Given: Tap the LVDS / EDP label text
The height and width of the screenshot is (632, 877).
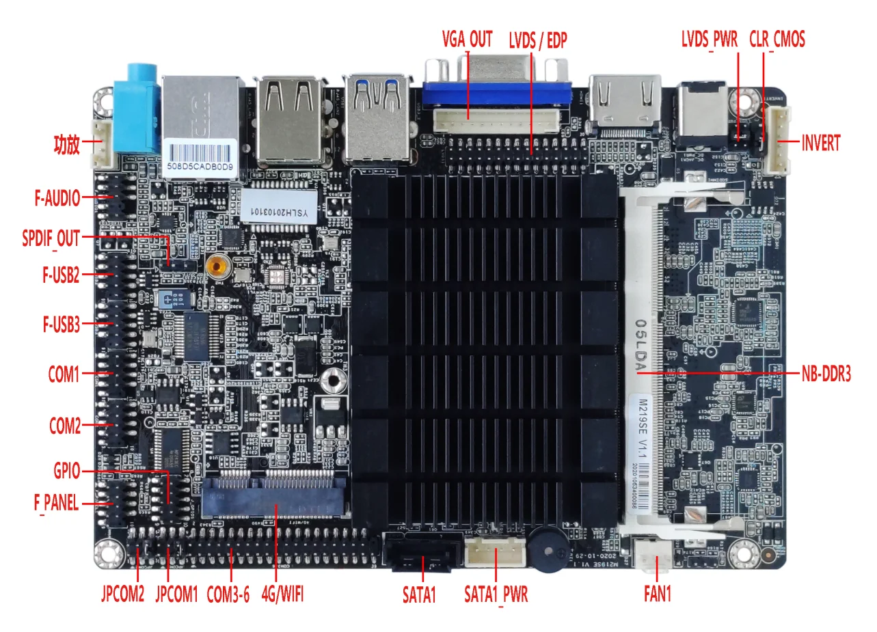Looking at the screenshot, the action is point(538,40).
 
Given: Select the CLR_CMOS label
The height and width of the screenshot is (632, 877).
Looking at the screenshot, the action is point(777,40).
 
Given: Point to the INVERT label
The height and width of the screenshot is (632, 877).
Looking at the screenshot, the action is point(821,144).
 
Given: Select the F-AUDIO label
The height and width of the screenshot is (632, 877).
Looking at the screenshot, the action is point(57,199).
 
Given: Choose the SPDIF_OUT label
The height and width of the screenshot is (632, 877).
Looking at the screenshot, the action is point(51,238).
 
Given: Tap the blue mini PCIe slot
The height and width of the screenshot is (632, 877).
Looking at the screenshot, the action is point(274,495).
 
